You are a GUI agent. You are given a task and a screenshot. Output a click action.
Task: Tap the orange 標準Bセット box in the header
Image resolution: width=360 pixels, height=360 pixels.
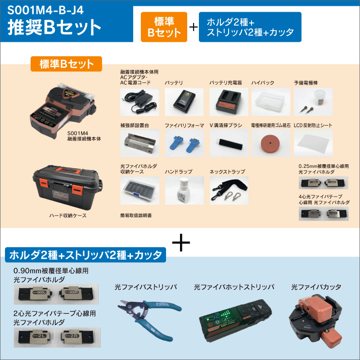(x=164, y=27)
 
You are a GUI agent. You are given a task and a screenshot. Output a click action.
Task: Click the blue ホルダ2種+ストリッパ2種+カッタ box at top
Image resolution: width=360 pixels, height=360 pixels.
(x=250, y=27)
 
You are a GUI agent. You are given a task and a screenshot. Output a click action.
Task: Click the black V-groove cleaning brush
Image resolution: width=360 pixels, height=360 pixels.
(x=228, y=144)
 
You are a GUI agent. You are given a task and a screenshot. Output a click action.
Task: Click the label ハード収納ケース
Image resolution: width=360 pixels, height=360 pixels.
(x=68, y=216)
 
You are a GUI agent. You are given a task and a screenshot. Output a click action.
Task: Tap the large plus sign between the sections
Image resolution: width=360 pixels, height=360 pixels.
(x=180, y=243)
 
